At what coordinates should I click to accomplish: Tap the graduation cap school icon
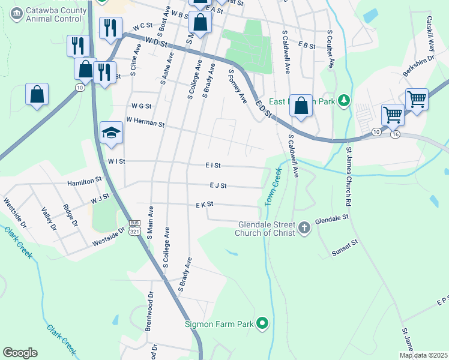coord(111,132)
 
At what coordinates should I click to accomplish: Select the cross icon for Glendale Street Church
coord(304,227)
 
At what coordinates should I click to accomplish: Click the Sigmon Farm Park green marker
coord(262,324)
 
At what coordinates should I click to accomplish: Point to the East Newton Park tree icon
coord(343,101)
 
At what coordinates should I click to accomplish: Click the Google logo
coord(20,353)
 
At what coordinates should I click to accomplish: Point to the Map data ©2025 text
coord(423,355)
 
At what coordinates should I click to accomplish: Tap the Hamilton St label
coord(84,180)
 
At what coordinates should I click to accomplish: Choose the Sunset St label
coord(345,248)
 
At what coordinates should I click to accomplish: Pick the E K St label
coord(205,205)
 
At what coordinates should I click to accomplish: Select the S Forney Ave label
coord(238,86)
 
